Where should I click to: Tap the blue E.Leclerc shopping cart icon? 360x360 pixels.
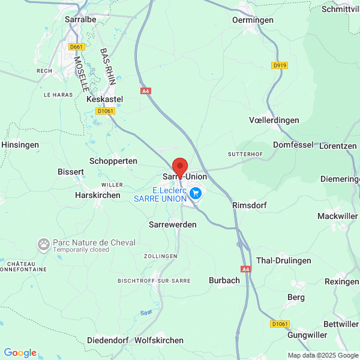tap(195, 193)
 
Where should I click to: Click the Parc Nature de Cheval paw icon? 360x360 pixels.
tap(44, 244)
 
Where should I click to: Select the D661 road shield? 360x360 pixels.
tap(77, 46)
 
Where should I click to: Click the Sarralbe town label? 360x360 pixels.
tap(80, 19)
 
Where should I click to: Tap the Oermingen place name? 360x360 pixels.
tap(253, 20)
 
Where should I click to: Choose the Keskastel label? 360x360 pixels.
tap(105, 98)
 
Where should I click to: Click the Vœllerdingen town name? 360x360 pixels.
tap(274, 120)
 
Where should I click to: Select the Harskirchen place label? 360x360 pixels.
tap(98, 195)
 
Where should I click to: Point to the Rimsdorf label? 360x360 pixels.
tap(249, 205)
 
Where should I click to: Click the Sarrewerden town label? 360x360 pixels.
tap(172, 224)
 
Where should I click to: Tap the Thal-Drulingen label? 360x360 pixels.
tap(284, 260)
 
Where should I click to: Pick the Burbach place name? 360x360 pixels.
tap(224, 280)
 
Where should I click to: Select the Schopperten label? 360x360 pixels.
tap(113, 161)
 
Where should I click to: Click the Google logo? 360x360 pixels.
tap(20, 353)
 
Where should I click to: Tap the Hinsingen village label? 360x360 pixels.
tap(20, 145)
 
